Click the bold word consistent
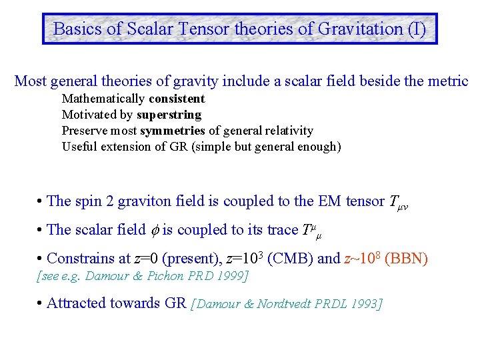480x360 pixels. tap(177, 99)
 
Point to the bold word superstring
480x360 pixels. tap(169, 115)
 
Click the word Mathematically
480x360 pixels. tap(103, 99)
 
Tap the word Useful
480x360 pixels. tap(79, 147)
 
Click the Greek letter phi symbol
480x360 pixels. tap(154, 230)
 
